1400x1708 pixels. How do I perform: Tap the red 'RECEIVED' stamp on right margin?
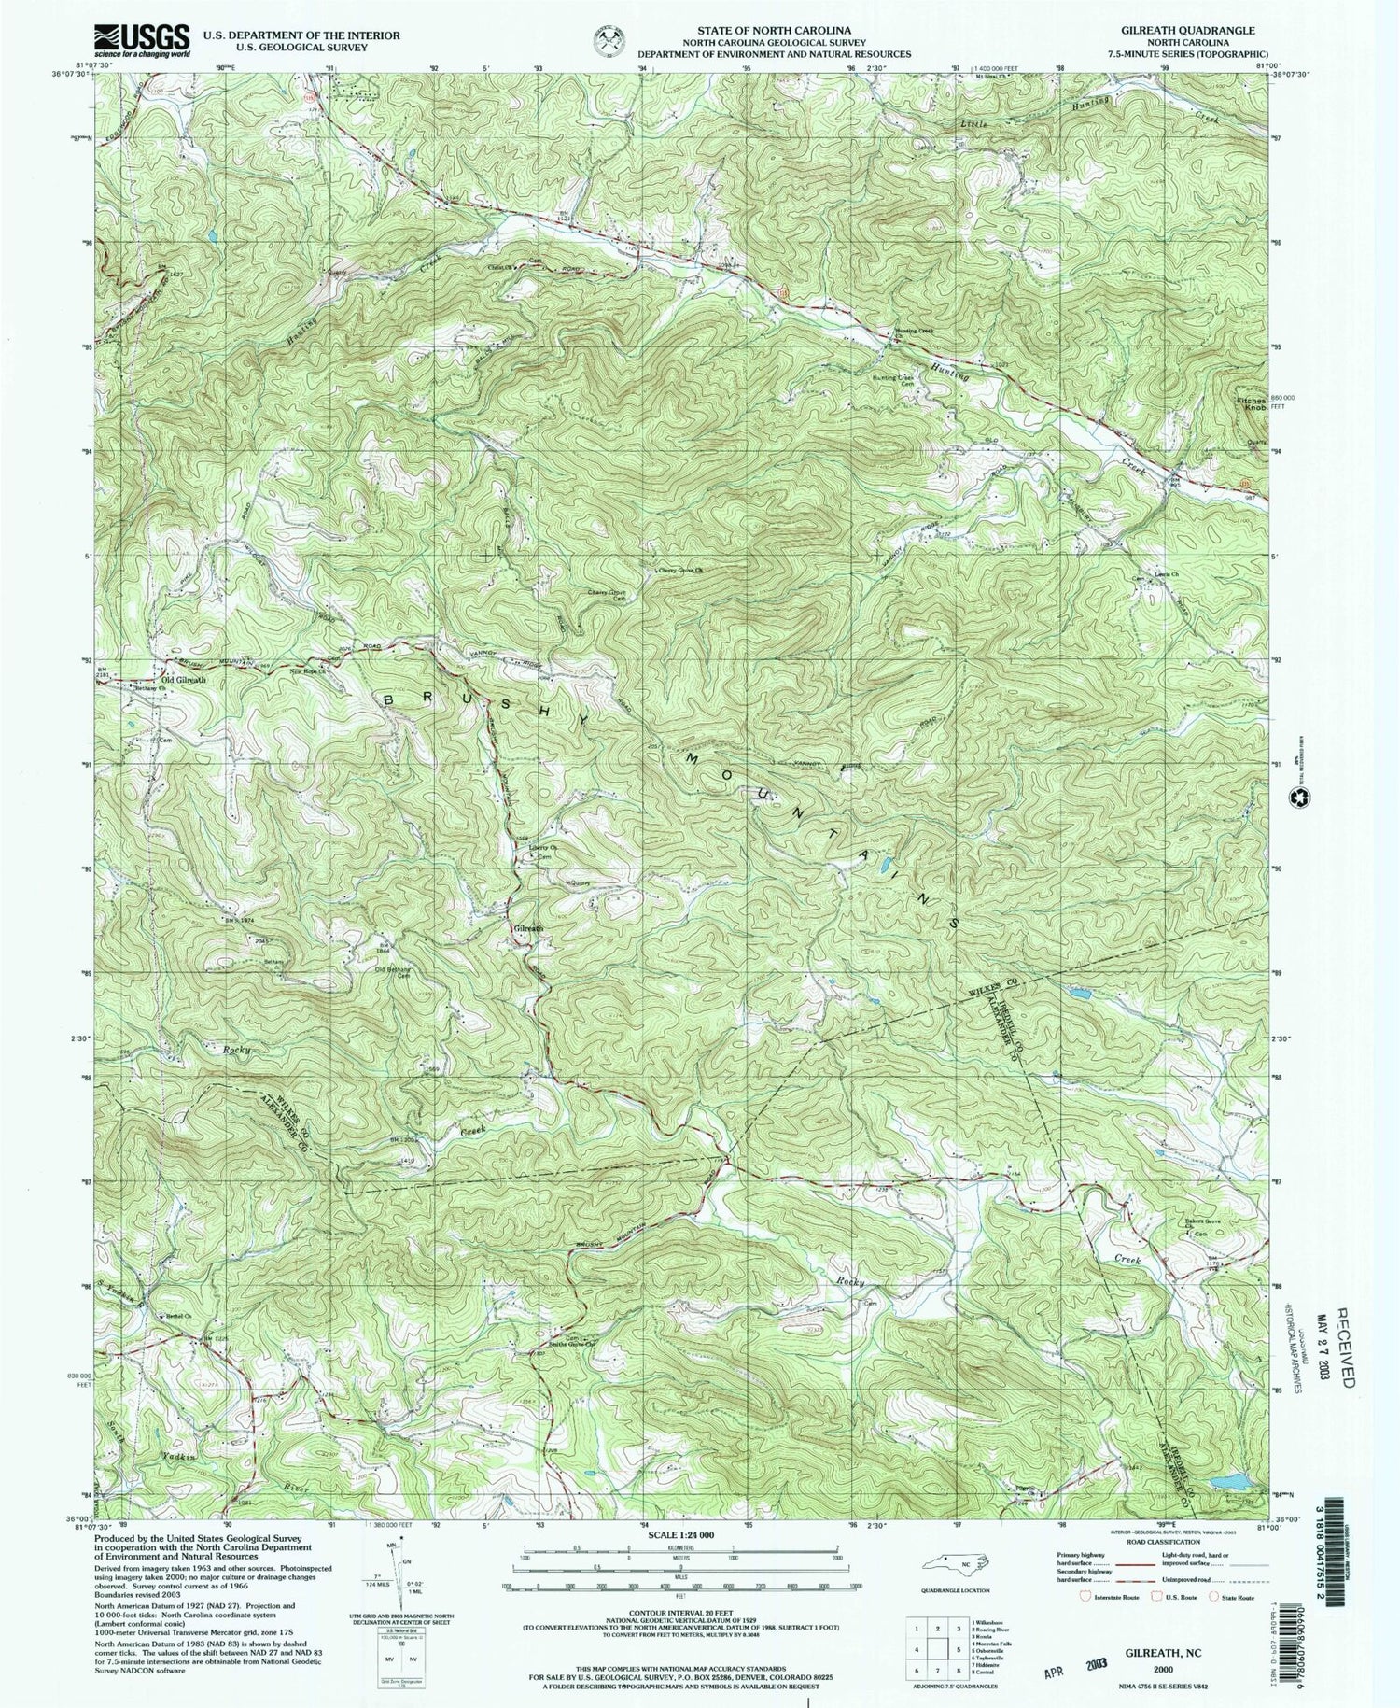1343,1336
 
